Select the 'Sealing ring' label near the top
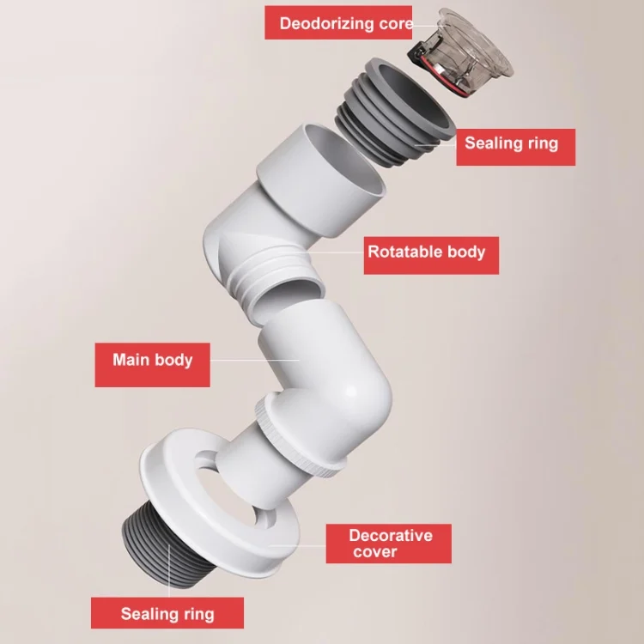(x=511, y=143)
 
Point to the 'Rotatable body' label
(x=426, y=252)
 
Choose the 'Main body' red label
(x=153, y=359)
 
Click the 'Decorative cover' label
(x=390, y=544)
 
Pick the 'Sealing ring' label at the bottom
(x=167, y=614)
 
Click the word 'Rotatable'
(x=404, y=252)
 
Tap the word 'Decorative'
(x=390, y=535)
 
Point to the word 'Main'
(x=131, y=359)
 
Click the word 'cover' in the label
(x=375, y=552)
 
